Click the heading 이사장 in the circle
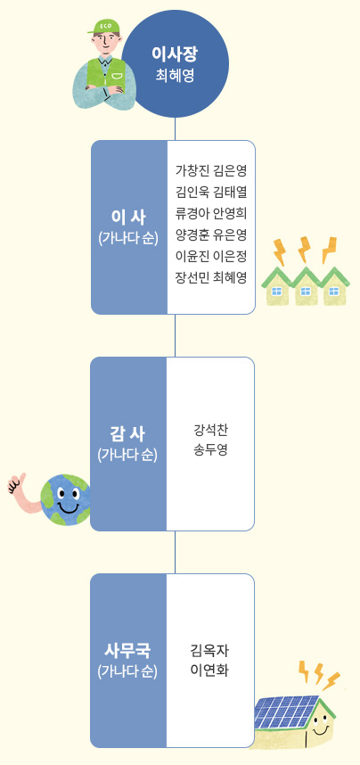click(x=175, y=54)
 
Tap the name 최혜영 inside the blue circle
click(x=175, y=76)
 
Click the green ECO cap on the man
click(x=103, y=27)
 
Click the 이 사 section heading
click(x=128, y=218)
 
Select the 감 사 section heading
click(x=127, y=433)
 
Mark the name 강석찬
click(x=210, y=430)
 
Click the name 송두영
click(x=210, y=449)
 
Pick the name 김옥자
click(x=209, y=651)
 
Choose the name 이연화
click(x=209, y=670)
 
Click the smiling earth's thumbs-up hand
click(x=18, y=483)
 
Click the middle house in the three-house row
click(x=306, y=287)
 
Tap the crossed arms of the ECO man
click(x=105, y=90)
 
